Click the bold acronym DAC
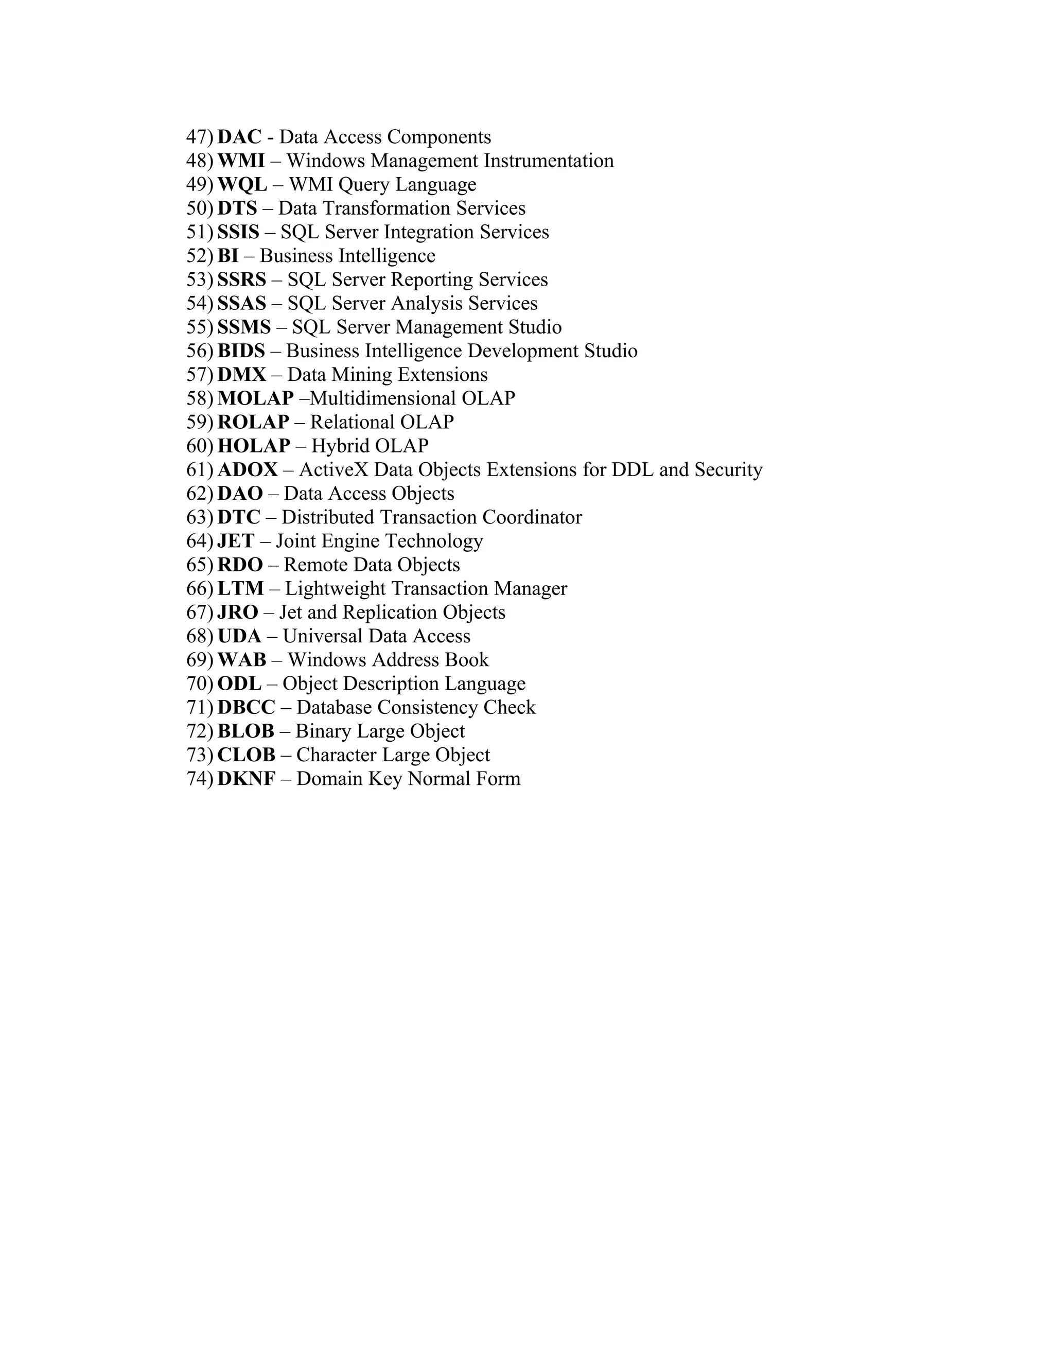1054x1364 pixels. (239, 137)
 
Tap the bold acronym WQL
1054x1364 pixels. (242, 184)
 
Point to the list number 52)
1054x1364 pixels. (200, 255)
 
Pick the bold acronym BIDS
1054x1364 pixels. (241, 351)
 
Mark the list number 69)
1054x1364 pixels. (200, 659)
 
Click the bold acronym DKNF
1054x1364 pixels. (246, 779)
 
